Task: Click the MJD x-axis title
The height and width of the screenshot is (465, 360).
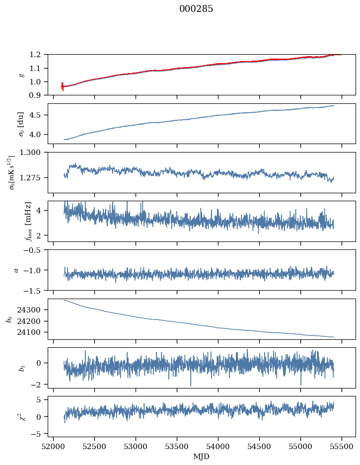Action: click(201, 457)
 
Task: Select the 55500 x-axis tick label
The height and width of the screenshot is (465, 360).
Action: click(341, 447)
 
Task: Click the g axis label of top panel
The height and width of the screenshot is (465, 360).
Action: click(21, 75)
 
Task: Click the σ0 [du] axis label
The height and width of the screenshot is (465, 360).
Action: click(21, 123)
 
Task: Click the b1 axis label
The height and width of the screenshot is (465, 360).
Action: click(21, 368)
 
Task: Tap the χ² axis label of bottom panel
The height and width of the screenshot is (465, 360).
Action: click(21, 416)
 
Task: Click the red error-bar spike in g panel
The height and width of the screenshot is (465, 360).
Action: click(62, 86)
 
